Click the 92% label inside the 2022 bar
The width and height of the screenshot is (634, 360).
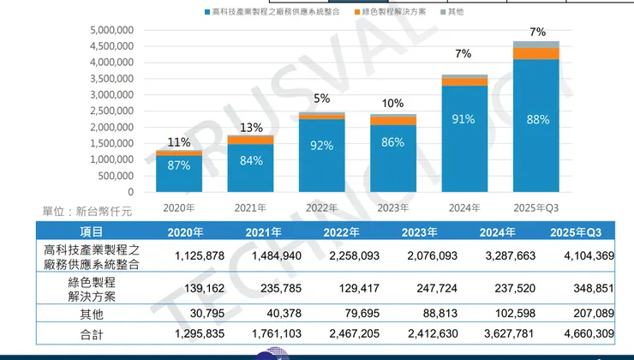pyautogui.click(x=321, y=146)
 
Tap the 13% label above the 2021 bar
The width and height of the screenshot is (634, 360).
pyautogui.click(x=250, y=128)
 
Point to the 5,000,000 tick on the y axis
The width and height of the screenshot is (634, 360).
pyautogui.click(x=111, y=29)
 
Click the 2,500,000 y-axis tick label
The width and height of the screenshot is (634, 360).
pyautogui.click(x=111, y=111)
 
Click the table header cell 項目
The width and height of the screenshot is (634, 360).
pyautogui.click(x=92, y=232)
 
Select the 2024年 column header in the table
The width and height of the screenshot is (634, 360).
pyautogui.click(x=498, y=232)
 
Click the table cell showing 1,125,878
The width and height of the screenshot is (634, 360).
pyautogui.click(x=198, y=255)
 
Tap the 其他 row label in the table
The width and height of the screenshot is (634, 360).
pyautogui.click(x=92, y=315)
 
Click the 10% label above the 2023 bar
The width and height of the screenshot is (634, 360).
pyautogui.click(x=392, y=104)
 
